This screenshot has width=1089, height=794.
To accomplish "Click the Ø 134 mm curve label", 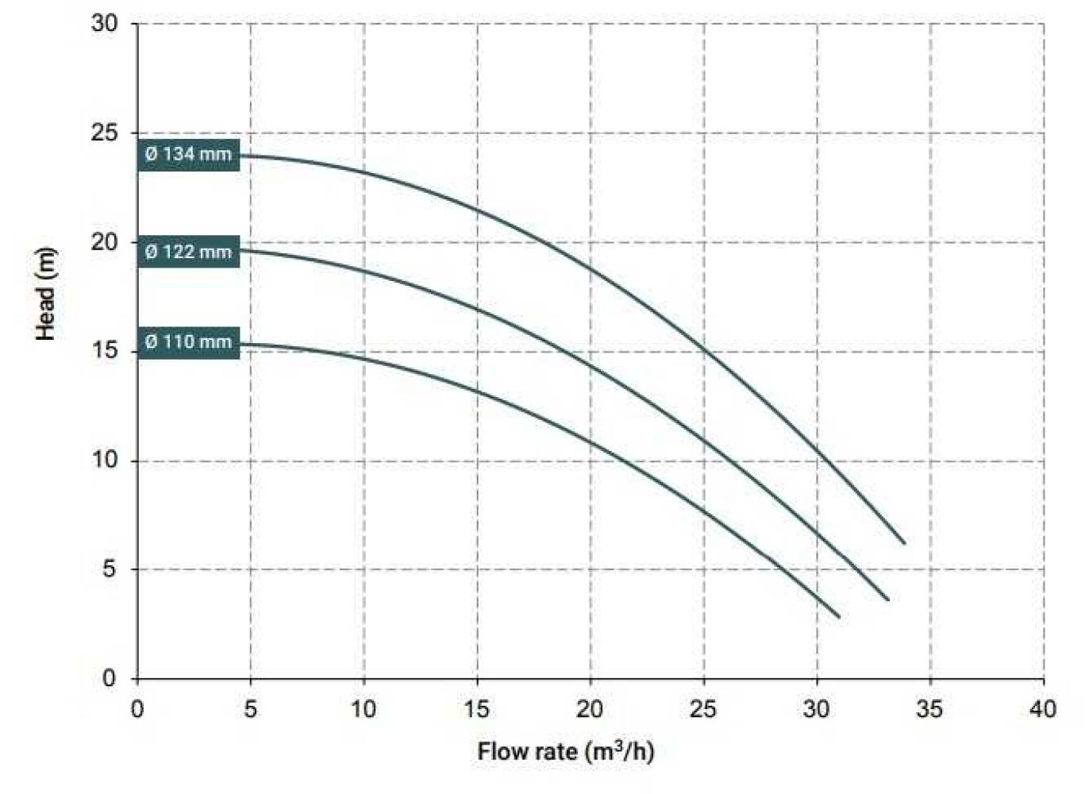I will pyautogui.click(x=188, y=154).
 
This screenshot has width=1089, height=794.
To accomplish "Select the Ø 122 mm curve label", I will pyautogui.click(x=188, y=252).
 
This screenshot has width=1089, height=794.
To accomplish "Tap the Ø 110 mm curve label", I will pyautogui.click(x=188, y=342).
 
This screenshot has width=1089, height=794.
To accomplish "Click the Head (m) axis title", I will pyautogui.click(x=45, y=294).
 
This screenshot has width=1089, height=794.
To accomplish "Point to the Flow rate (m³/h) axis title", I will pyautogui.click(x=566, y=751).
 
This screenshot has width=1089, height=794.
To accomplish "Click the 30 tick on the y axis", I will pyautogui.click(x=104, y=24).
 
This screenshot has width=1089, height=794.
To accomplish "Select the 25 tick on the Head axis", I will pyautogui.click(x=104, y=133).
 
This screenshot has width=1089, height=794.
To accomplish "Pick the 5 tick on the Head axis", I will pyautogui.click(x=109, y=569).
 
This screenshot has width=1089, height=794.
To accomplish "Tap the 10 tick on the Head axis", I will pyautogui.click(x=104, y=461).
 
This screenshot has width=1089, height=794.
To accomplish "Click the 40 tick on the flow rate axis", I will pyautogui.click(x=1043, y=708).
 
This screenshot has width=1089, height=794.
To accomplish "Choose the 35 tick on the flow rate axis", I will pyautogui.click(x=929, y=708).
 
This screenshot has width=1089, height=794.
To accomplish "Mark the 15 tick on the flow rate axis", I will pyautogui.click(x=477, y=708).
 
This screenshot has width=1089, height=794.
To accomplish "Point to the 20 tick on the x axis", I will pyautogui.click(x=590, y=708).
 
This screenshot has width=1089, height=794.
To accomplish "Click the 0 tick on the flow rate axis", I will pyautogui.click(x=137, y=708).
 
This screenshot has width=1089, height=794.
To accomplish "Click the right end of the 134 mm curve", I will pyautogui.click(x=904, y=543).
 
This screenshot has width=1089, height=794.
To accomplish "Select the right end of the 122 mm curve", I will pyautogui.click(x=887, y=599).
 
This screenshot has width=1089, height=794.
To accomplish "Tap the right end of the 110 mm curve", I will pyautogui.click(x=839, y=617).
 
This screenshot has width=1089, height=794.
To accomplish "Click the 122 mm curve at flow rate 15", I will pyautogui.click(x=477, y=308).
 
